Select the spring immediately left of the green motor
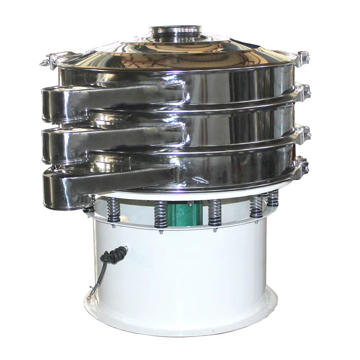[x=160, y=215]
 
